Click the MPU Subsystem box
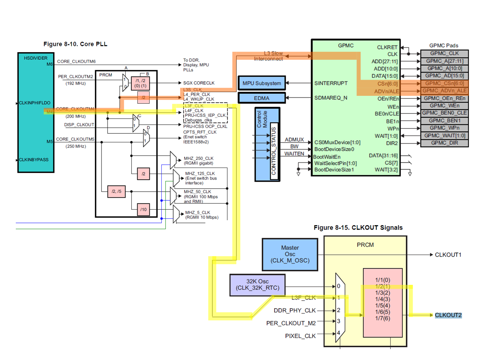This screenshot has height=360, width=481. click(x=262, y=83)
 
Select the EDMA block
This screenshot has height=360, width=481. click(x=262, y=98)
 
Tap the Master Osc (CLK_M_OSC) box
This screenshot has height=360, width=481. click(x=290, y=254)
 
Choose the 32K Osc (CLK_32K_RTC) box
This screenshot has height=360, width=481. click(x=258, y=284)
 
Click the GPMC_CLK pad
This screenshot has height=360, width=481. click(x=444, y=53)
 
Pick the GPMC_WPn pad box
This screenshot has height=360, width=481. click(x=444, y=128)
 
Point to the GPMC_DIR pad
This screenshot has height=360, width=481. click(x=444, y=143)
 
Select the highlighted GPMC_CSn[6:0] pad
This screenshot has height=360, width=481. click(x=444, y=83)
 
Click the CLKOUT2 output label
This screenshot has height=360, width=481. click(x=448, y=315)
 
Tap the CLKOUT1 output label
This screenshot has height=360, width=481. click(x=448, y=255)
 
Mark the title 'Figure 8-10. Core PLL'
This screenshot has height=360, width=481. click(x=75, y=44)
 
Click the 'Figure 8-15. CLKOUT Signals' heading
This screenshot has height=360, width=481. click(x=358, y=228)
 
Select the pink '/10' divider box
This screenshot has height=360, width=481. click(x=144, y=209)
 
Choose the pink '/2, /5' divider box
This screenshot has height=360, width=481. click(x=117, y=191)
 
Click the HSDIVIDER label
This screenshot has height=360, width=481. click(x=36, y=58)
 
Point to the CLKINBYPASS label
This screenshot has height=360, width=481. click(x=34, y=160)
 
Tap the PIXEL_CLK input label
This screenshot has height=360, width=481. click(x=300, y=336)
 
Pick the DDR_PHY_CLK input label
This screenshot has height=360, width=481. click(x=294, y=310)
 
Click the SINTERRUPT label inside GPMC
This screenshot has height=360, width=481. click(x=331, y=83)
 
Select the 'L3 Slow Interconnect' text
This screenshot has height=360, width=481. click(x=269, y=56)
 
